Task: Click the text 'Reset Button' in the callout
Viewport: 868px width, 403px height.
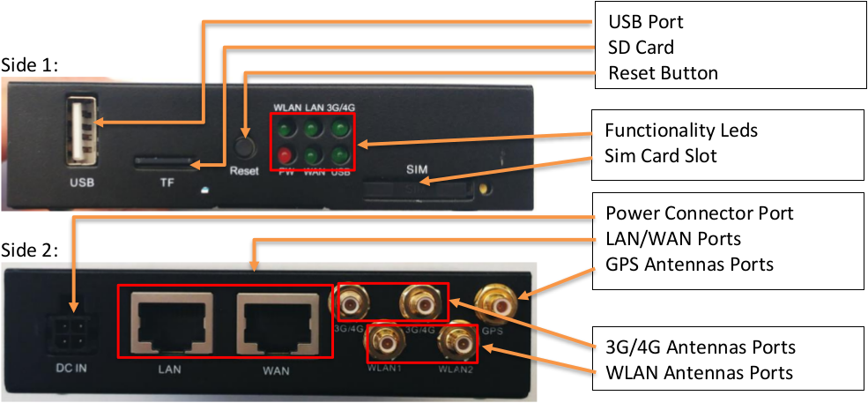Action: click(664, 72)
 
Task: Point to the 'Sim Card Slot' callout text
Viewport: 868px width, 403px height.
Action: click(661, 156)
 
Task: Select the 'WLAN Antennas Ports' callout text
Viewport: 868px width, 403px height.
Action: click(700, 372)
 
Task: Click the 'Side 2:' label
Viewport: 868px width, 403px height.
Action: click(31, 250)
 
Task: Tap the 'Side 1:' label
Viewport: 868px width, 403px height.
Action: click(31, 64)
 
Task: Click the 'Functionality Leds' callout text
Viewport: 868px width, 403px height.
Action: click(681, 131)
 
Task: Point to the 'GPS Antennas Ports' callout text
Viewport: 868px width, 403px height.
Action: click(690, 265)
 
